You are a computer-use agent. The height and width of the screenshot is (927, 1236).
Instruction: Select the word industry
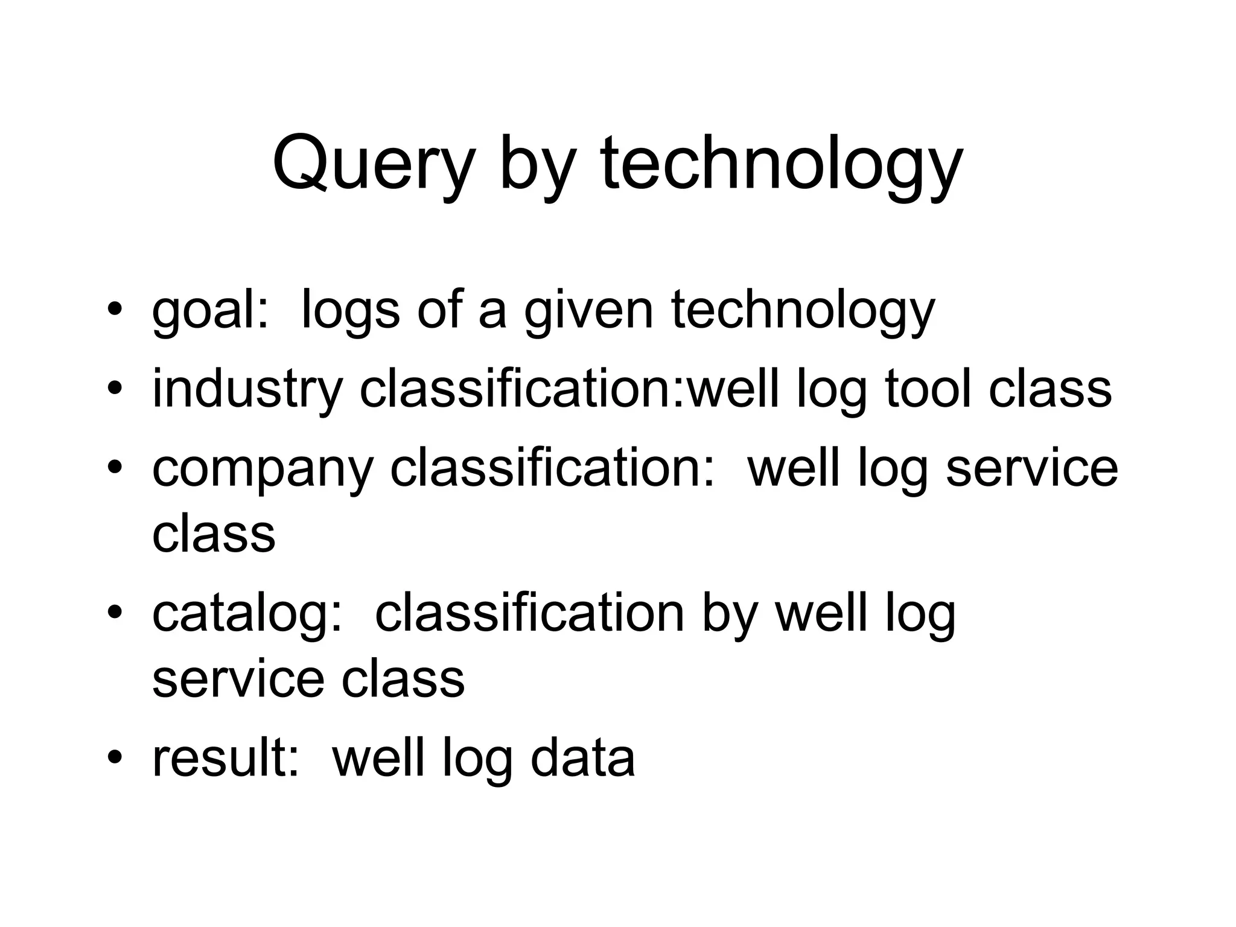click(247, 389)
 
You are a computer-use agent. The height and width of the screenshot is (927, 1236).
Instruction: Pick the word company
click(263, 470)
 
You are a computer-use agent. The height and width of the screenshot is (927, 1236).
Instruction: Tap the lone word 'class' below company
click(214, 534)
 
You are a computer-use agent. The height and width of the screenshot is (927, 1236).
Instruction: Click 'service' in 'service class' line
click(238, 678)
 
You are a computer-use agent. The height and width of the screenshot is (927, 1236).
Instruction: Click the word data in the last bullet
click(582, 758)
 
